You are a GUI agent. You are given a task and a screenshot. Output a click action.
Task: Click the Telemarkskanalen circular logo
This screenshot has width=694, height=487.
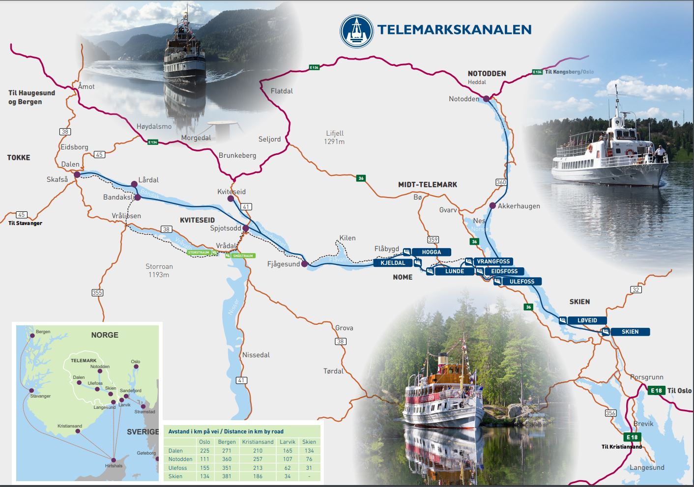357,31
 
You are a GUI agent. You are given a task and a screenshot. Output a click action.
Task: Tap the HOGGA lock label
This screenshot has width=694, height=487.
431,252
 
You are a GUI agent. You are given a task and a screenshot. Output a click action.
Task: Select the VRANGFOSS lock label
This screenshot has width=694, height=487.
493,261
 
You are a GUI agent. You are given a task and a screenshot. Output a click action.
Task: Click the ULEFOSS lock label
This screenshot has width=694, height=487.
521,282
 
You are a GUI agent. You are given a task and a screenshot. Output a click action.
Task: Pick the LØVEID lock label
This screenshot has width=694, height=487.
587,320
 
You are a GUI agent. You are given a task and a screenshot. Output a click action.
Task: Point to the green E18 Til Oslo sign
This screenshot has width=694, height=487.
656,391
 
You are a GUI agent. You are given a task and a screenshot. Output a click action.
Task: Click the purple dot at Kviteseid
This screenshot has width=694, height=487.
231,199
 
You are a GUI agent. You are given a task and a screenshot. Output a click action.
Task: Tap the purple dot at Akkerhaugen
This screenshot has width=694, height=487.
492,205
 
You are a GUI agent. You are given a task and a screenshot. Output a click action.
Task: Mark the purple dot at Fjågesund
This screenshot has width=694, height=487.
304,264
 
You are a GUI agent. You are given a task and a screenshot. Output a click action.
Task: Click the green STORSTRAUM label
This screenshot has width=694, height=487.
199,253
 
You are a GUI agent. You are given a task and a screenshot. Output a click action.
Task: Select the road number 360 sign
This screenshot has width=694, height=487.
501,182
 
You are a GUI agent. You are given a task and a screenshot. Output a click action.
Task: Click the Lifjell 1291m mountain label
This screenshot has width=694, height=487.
334,137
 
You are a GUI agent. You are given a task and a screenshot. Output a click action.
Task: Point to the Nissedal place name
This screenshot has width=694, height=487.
256,355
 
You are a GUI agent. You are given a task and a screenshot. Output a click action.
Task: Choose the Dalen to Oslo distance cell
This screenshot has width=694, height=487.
204,451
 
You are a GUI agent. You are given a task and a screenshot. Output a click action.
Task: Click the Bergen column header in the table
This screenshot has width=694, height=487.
227,442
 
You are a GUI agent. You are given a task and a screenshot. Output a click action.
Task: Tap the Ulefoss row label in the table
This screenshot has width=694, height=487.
177,468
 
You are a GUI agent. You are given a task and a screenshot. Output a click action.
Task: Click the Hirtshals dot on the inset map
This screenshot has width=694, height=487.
114,458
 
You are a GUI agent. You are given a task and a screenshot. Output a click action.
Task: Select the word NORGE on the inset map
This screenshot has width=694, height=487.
105,335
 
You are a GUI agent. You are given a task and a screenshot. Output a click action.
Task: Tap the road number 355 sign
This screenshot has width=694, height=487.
97,293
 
